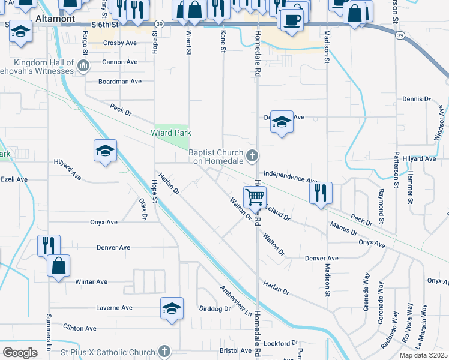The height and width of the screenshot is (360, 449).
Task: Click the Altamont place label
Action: pyautogui.click(x=55, y=19)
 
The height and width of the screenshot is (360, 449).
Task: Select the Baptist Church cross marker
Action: pyautogui.click(x=253, y=157)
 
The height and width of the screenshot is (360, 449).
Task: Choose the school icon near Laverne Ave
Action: pyautogui.click(x=172, y=309)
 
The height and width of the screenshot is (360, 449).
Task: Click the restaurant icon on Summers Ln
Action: pyautogui.click(x=49, y=245)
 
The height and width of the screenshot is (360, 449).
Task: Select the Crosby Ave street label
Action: pyautogui.click(x=121, y=43)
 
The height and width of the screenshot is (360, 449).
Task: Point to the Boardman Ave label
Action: pyautogui.click(x=120, y=82)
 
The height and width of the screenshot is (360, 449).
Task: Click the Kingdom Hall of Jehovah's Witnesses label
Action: pyautogui.click(x=44, y=67)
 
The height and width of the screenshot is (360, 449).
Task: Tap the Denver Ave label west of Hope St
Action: pyautogui.click(x=113, y=247)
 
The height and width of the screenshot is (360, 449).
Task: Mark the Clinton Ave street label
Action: pyautogui.click(x=79, y=328)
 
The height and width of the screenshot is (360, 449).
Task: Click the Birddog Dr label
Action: pyautogui.click(x=214, y=309)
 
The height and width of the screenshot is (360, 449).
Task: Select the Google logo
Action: pyautogui.click(x=20, y=352)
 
